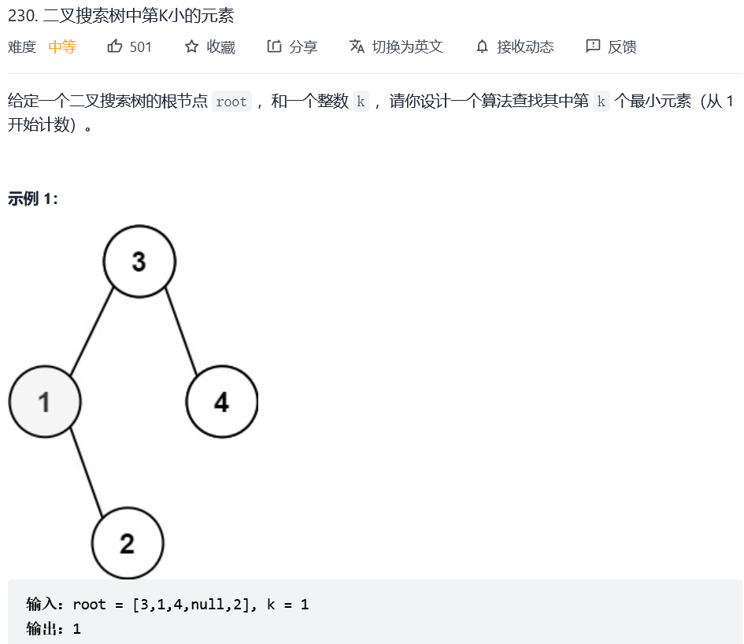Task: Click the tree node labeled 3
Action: [x=139, y=261]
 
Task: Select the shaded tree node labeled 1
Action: [x=44, y=402]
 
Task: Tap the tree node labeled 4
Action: [x=221, y=402]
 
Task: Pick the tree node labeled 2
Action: [x=127, y=542]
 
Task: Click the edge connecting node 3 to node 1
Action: [x=93, y=331]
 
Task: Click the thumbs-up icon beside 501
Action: [x=115, y=46]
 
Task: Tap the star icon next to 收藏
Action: [x=191, y=46]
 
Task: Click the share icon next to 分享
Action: [x=274, y=46]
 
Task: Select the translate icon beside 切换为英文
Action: [x=357, y=46]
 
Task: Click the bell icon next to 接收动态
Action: [x=482, y=46]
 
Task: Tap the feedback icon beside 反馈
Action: [x=593, y=46]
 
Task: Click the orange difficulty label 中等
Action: [x=62, y=46]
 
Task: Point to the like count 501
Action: [x=141, y=46]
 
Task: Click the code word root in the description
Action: [x=231, y=102]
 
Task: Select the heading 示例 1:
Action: [x=33, y=198]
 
